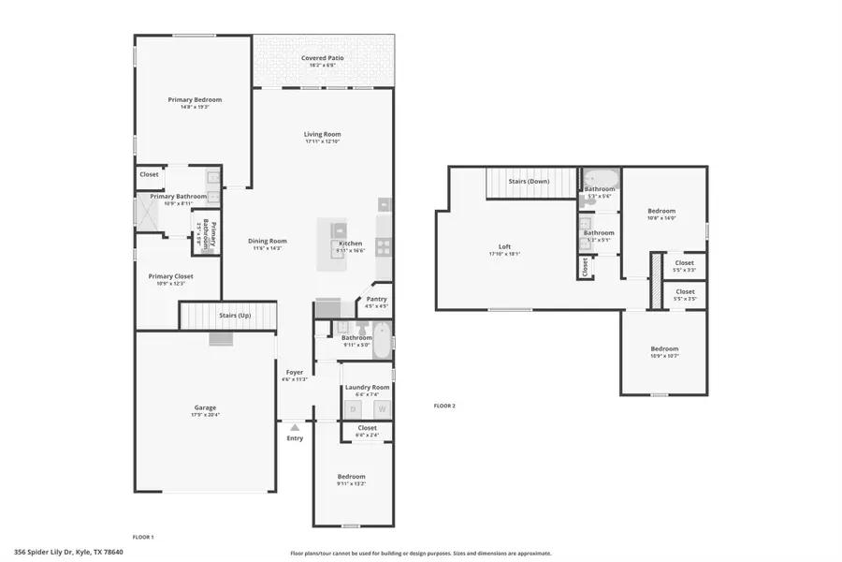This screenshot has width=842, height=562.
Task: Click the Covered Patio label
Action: [x=322, y=58]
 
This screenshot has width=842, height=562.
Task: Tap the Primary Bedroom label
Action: [x=195, y=99]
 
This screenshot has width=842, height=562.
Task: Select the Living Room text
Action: [x=322, y=134]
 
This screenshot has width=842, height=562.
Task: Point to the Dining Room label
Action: [x=268, y=241]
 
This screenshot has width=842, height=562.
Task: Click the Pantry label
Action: [x=376, y=300]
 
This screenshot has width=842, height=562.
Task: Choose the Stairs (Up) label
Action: [x=234, y=316]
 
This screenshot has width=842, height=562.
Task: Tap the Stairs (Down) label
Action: [x=529, y=181]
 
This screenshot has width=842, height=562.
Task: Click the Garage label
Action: [x=205, y=407]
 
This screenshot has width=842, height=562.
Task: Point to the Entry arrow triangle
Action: [x=295, y=427]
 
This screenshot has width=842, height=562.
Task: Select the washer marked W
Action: [x=381, y=409]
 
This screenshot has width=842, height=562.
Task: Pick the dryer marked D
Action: [x=353, y=409]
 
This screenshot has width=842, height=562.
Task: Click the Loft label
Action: [x=504, y=247]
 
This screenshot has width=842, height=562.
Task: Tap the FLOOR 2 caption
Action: [x=444, y=406]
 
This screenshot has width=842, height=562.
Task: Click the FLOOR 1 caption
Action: [x=142, y=537]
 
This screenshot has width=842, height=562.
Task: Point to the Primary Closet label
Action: [x=170, y=276]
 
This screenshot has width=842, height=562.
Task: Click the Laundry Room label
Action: [x=367, y=387]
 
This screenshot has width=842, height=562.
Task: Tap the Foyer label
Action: [x=295, y=372]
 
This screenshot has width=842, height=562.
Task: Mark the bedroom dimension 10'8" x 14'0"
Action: [x=661, y=218]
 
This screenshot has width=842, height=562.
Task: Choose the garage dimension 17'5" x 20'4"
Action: [x=205, y=415]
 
